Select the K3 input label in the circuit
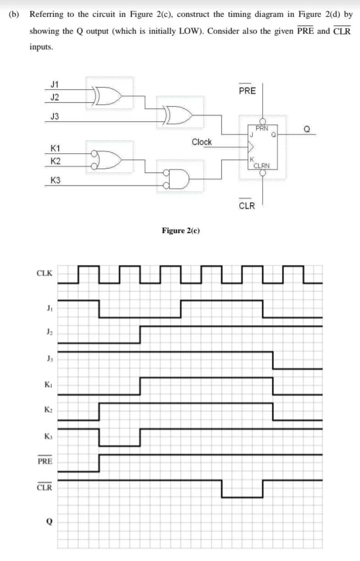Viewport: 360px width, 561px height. [55, 181]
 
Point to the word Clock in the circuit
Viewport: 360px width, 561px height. [202, 142]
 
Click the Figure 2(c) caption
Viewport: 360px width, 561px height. [180, 230]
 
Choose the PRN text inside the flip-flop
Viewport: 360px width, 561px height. [262, 129]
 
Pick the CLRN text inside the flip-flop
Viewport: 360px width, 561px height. [262, 165]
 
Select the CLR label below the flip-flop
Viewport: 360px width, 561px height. [247, 206]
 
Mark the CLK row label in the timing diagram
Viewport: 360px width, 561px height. [44, 274]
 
